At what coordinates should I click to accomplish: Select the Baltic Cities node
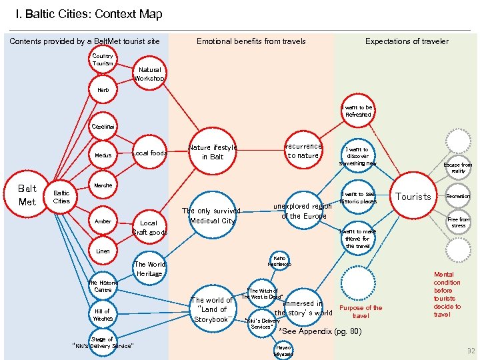(61, 197)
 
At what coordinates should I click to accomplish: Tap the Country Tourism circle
(103, 60)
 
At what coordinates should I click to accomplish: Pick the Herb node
(103, 90)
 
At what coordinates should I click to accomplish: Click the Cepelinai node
(103, 126)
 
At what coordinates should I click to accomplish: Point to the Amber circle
(103, 221)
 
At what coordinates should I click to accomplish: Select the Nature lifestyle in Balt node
(213, 152)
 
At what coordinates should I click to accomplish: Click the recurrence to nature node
(303, 151)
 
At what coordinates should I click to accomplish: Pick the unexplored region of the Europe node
(303, 211)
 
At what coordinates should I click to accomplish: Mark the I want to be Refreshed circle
(358, 111)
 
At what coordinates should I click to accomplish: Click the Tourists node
(413, 197)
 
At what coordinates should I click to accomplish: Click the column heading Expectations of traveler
(407, 41)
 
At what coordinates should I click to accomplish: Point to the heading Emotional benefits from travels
(251, 41)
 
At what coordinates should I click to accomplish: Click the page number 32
(471, 351)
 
